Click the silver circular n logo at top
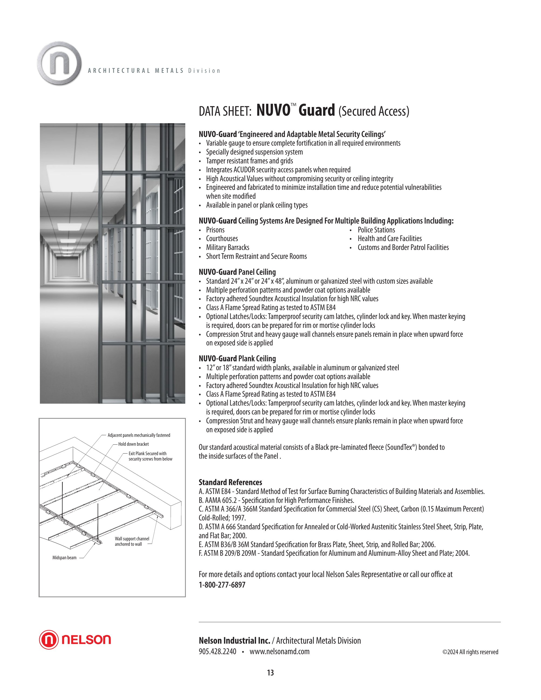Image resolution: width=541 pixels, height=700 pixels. pyautogui.click(x=59, y=63)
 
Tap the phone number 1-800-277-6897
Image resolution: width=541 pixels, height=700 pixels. pyautogui.click(x=222, y=585)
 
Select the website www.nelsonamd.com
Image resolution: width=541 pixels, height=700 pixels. pyautogui.click(x=279, y=651)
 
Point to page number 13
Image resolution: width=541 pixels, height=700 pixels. pyautogui.click(x=270, y=672)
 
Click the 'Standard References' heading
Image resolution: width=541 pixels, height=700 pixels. pyautogui.click(x=230, y=482)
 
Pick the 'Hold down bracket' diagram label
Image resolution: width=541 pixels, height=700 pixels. pyautogui.click(x=133, y=444)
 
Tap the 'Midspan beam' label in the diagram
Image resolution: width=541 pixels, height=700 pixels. pyautogui.click(x=64, y=557)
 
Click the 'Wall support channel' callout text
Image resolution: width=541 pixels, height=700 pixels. pyautogui.click(x=132, y=538)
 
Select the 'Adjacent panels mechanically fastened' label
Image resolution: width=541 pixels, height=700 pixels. pyautogui.click(x=139, y=435)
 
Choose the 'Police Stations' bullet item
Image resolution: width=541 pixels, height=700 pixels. pyautogui.click(x=376, y=230)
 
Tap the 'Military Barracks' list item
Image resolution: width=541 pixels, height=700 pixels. pyautogui.click(x=228, y=248)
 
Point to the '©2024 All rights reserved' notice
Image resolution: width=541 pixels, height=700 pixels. pyautogui.click(x=470, y=652)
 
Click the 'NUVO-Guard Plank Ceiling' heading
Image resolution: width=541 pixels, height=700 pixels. pyautogui.click(x=237, y=358)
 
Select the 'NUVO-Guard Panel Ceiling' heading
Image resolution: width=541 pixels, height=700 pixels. pyautogui.click(x=237, y=272)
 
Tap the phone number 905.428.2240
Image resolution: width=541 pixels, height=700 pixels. pyautogui.click(x=217, y=651)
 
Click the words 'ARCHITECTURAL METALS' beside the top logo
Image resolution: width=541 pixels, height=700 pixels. pyautogui.click(x=136, y=71)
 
